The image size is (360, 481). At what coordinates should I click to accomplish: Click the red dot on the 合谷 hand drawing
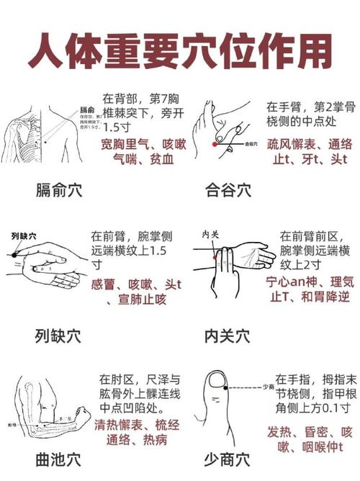[215, 144]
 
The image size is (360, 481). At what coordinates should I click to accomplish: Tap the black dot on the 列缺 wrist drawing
[14, 254]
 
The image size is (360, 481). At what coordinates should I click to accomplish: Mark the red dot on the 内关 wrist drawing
[213, 256]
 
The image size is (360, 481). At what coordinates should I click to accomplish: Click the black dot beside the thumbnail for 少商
[225, 389]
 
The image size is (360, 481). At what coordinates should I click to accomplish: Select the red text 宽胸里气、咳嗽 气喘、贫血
[143, 152]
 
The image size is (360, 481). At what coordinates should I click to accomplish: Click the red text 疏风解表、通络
[310, 143]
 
